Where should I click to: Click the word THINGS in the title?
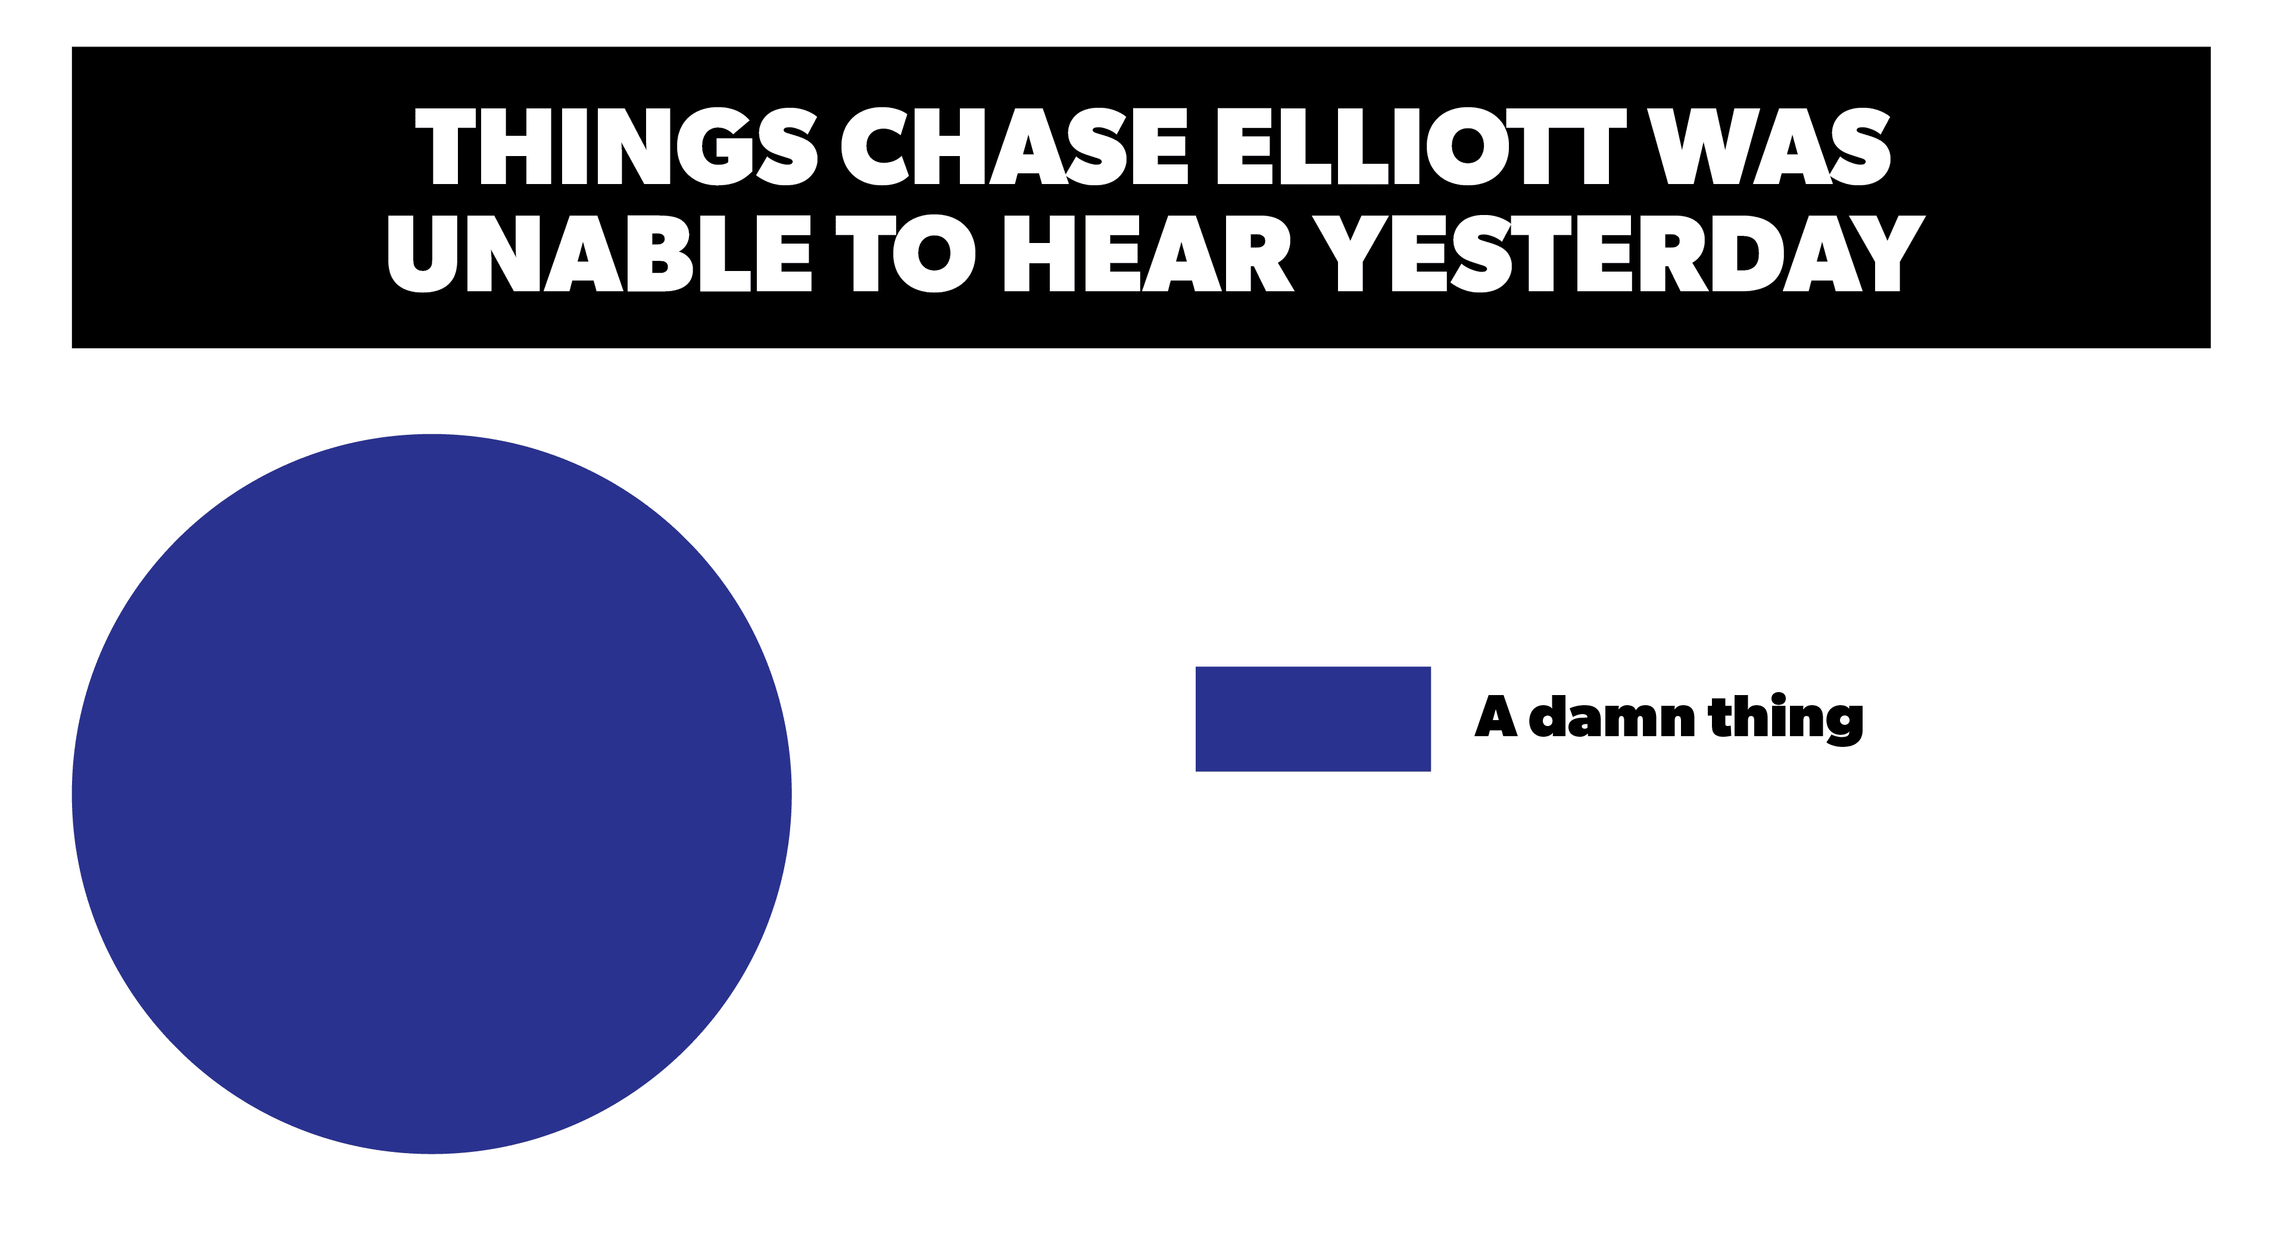click(616, 147)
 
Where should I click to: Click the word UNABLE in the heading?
click(599, 254)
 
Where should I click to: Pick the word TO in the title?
click(906, 254)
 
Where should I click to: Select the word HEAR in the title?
click(1149, 254)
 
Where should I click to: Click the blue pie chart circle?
click(432, 794)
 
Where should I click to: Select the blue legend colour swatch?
click(1312, 719)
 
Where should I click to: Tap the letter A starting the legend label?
click(1495, 716)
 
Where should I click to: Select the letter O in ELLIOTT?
click(1468, 147)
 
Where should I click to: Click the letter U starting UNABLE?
click(423, 254)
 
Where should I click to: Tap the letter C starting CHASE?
click(875, 147)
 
